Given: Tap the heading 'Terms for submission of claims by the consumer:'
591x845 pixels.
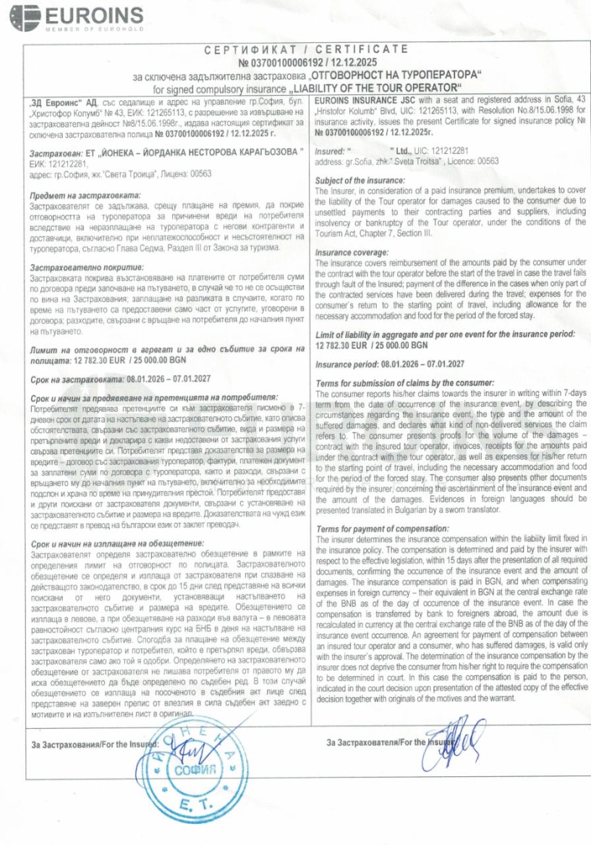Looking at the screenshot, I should tap(405, 383).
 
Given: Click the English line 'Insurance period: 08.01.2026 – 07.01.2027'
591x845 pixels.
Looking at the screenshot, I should tap(389, 364).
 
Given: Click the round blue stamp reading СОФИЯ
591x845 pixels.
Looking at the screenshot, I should tap(191, 769).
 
